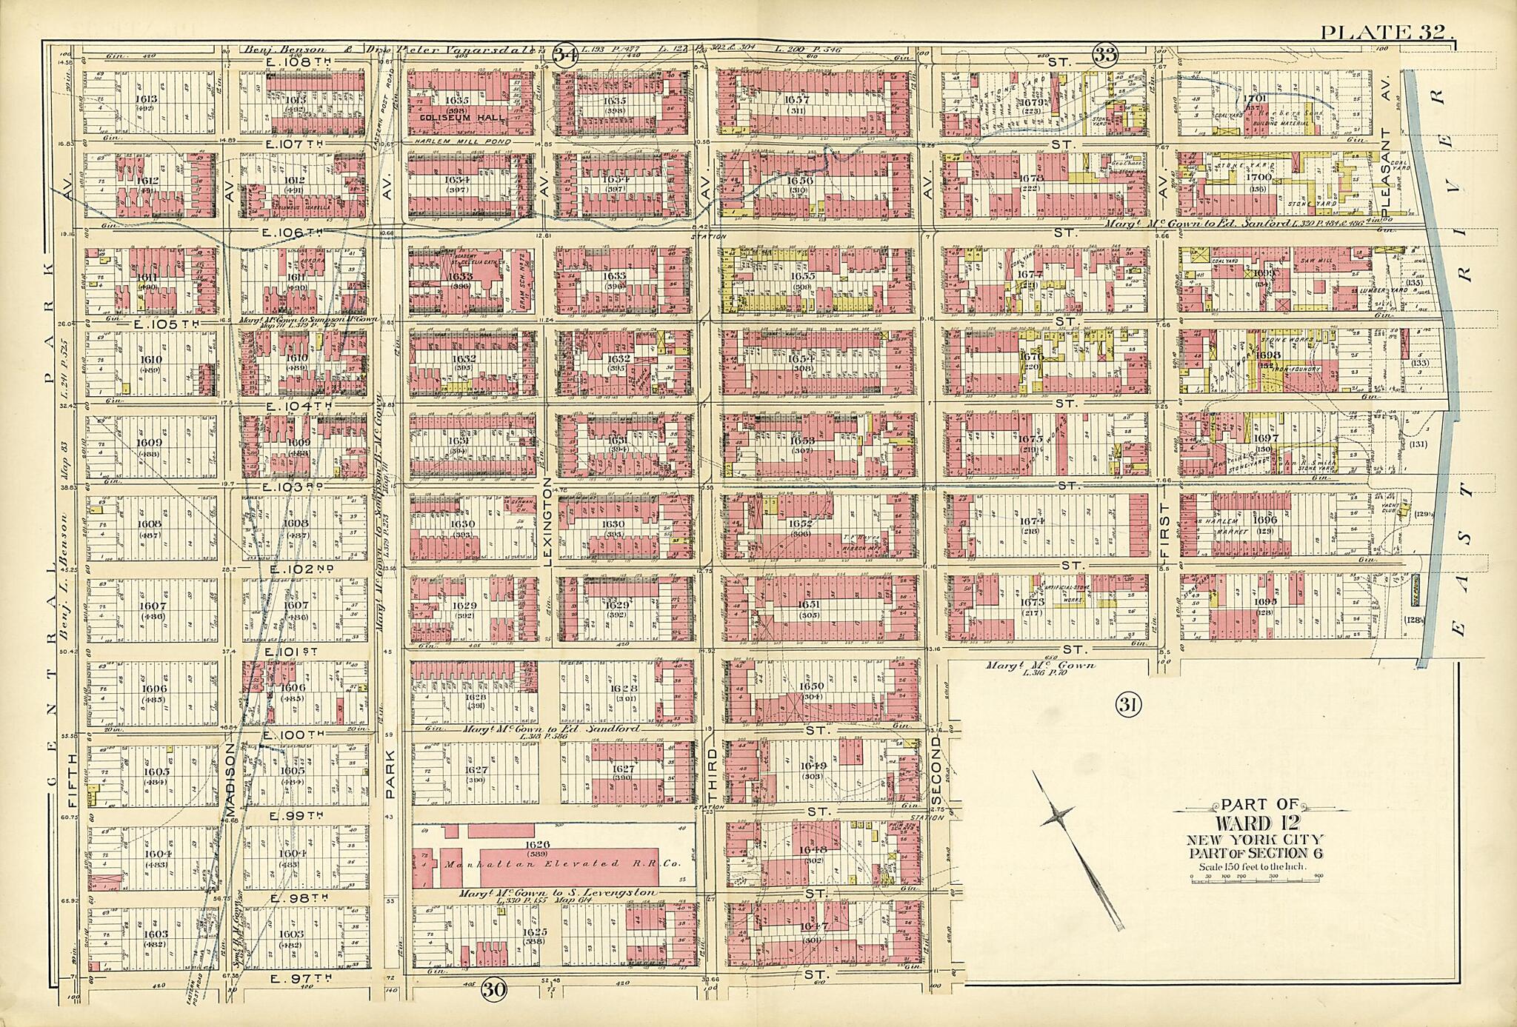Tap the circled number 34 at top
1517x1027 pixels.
click(x=565, y=55)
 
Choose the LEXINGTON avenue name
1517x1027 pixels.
click(x=548, y=522)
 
